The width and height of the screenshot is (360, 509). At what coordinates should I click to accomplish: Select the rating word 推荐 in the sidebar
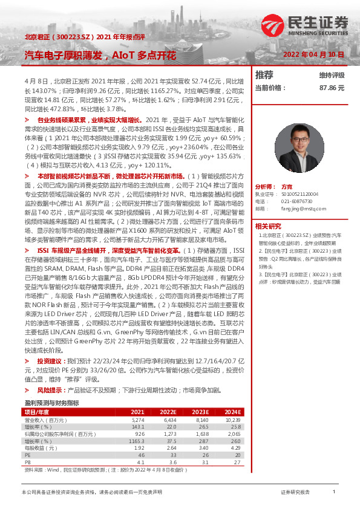point(264,76)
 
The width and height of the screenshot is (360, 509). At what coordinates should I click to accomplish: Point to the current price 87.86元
point(332,88)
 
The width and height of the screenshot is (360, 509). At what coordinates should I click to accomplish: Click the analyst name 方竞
point(287,187)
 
